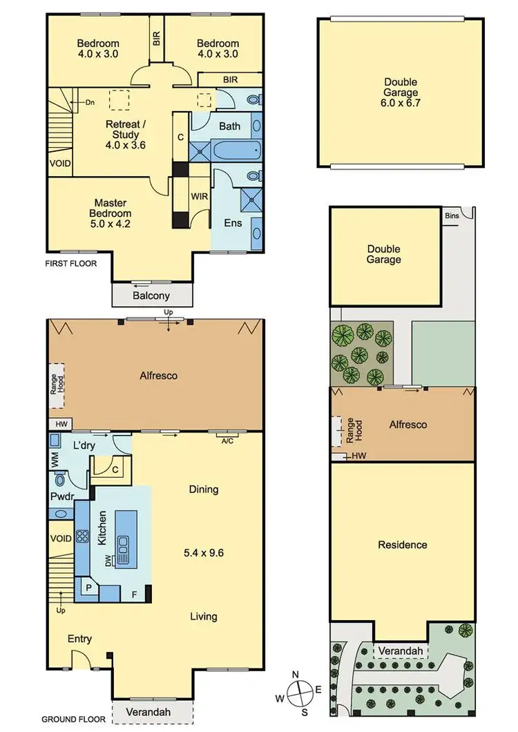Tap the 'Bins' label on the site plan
point(452,216)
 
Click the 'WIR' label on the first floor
point(200,196)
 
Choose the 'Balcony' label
point(152,296)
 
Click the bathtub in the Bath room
point(236,148)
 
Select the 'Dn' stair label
point(90,103)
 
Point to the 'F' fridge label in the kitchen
point(135,593)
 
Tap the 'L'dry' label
point(84,446)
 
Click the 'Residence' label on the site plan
point(403,545)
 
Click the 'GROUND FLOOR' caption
point(74,719)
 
